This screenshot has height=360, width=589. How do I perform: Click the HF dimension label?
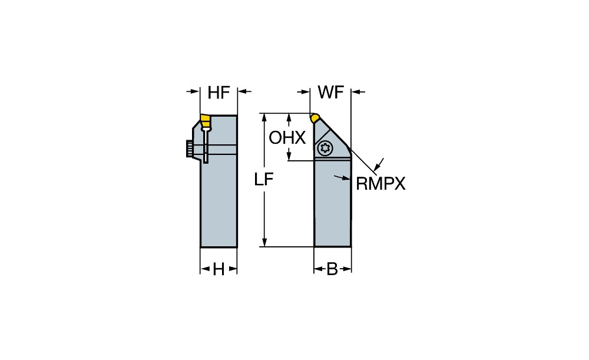point(218,92)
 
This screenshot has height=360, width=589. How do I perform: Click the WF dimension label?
point(330,92)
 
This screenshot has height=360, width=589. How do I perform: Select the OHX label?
point(287,138)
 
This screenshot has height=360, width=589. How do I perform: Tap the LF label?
point(264,180)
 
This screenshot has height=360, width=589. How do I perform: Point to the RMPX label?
point(380,184)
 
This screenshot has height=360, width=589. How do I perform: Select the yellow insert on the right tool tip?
point(316,117)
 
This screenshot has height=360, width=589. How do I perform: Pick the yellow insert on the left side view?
point(204,121)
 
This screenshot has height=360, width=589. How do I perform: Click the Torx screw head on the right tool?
point(322,148)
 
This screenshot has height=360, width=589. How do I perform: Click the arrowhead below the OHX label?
point(290,155)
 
